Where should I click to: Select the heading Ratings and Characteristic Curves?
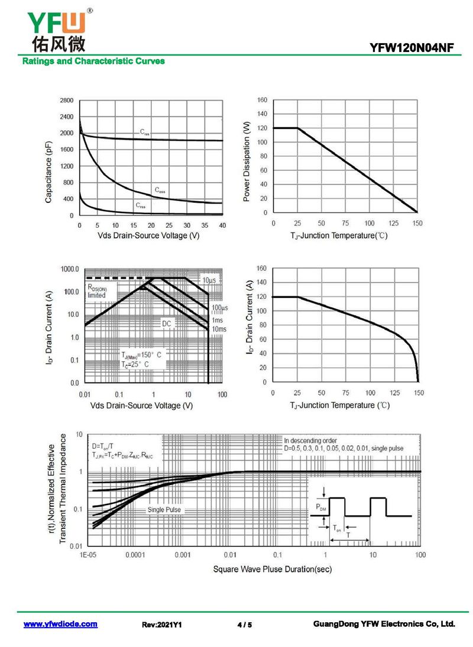[93, 62]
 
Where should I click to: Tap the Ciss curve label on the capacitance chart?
[145, 133]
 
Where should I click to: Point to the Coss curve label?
[160, 190]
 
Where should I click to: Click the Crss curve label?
[141, 206]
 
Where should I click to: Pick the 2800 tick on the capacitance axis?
[67, 101]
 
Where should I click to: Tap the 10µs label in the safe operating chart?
[208, 279]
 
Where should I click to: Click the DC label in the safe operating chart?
[167, 324]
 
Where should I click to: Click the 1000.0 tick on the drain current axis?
[69, 269]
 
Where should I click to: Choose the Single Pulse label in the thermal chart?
[164, 510]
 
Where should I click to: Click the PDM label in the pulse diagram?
[320, 507]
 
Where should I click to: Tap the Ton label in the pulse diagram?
[336, 528]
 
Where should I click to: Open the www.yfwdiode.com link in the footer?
[60, 625]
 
